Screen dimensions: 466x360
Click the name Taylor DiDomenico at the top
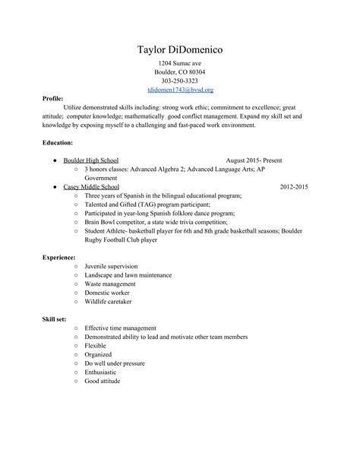point(180,50)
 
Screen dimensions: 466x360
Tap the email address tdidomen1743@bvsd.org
point(180,90)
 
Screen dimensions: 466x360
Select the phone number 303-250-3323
point(180,81)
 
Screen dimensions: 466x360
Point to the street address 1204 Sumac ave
point(180,62)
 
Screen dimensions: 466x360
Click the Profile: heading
point(52,99)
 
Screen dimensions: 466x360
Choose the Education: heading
point(58,142)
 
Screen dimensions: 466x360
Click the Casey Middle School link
point(91,186)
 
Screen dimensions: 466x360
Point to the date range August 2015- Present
point(254,161)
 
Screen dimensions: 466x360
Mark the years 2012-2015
point(295,186)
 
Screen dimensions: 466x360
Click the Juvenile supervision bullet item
point(111,266)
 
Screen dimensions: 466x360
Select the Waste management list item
point(111,284)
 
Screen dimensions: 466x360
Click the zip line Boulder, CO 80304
point(180,71)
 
